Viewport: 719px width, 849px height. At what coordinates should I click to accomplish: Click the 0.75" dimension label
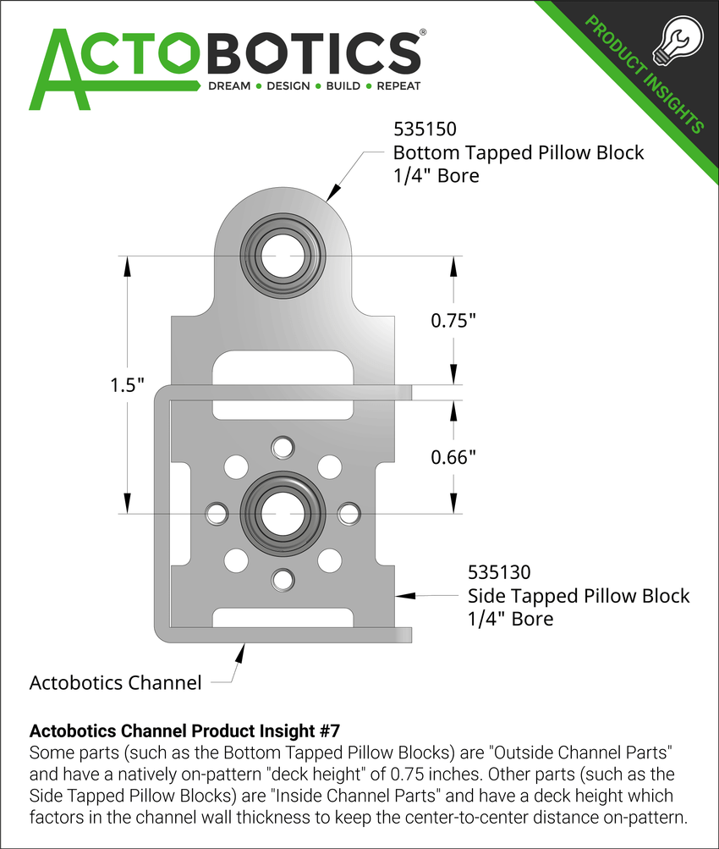[x=454, y=321]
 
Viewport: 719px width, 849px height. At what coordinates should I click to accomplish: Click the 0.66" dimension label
[x=454, y=457]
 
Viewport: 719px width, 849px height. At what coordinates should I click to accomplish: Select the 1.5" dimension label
[x=127, y=384]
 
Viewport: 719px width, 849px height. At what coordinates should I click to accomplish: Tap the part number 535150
[x=425, y=130]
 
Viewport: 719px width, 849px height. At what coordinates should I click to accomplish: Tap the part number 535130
[x=500, y=573]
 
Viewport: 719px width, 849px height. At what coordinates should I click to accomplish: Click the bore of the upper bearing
[x=283, y=256]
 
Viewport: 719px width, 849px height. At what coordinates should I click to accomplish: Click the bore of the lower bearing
[x=283, y=512]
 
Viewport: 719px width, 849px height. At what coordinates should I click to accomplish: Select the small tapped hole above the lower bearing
[x=283, y=445]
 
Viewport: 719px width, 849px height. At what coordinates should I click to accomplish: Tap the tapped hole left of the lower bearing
[x=217, y=512]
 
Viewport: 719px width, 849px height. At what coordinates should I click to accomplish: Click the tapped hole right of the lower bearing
[x=349, y=512]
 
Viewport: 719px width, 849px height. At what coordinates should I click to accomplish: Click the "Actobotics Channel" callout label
[x=115, y=682]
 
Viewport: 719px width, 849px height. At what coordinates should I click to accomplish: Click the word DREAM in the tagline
[x=229, y=86]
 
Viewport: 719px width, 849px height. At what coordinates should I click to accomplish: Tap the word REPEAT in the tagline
[x=398, y=86]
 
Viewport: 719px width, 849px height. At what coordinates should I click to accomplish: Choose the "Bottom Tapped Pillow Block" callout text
[x=518, y=153]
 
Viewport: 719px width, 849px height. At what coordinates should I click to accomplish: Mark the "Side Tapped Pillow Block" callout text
[x=579, y=596]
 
